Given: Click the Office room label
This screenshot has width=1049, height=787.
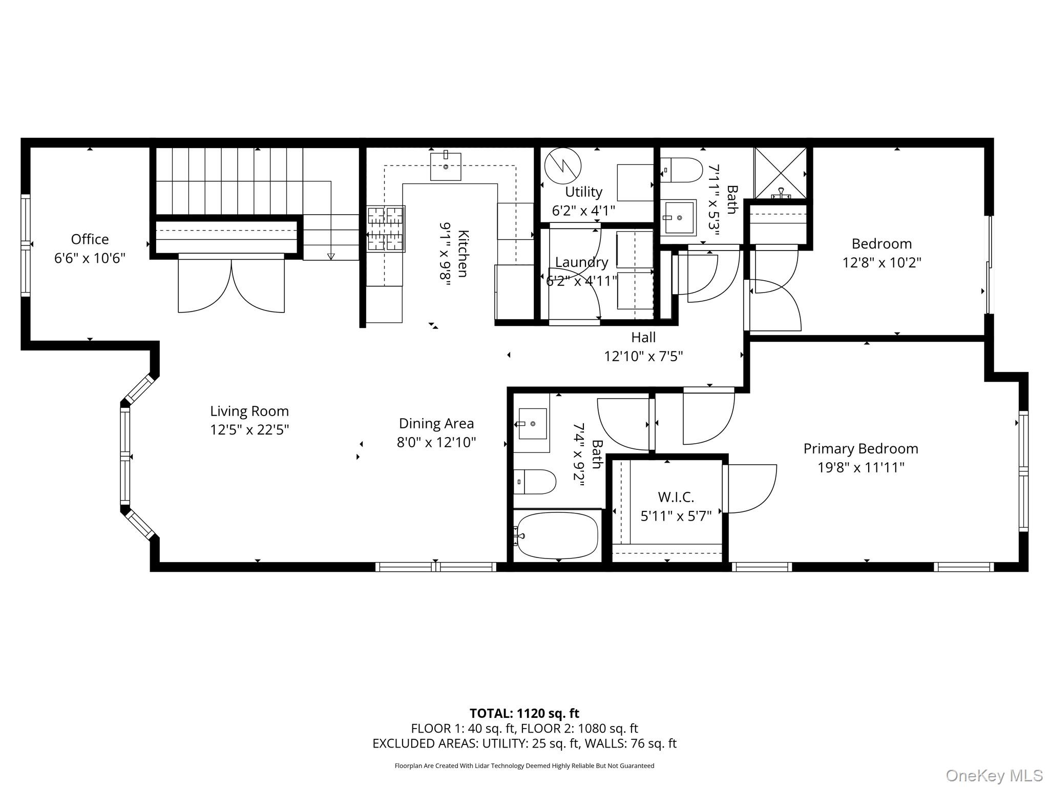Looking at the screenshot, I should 90,239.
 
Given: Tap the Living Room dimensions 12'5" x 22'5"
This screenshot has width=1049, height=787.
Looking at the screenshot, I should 249,429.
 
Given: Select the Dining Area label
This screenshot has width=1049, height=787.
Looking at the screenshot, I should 436,423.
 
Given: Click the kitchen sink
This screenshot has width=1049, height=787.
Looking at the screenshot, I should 445,166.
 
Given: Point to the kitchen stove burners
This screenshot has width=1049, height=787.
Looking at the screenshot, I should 386,229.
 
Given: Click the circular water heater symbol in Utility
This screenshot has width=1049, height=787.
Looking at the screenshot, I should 563,165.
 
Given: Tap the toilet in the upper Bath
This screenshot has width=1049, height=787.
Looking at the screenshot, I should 682,170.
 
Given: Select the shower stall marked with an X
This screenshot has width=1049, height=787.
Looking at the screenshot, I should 780,173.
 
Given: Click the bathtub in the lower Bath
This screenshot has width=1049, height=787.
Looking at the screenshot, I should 557,536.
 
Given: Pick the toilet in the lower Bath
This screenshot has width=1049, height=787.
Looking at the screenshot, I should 535,482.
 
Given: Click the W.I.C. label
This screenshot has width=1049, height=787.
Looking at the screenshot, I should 676,496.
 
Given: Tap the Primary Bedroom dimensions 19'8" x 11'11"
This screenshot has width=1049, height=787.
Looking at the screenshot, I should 861,467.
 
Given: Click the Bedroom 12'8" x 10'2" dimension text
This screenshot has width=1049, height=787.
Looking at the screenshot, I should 882,262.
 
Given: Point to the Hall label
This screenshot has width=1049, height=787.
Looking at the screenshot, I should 643,337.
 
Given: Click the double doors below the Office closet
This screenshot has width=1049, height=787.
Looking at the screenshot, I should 231,284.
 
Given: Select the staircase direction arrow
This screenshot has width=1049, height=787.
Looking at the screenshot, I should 331,256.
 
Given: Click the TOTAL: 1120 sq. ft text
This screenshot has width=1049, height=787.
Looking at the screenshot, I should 524,713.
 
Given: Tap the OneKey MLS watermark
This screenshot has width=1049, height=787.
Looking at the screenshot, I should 994,776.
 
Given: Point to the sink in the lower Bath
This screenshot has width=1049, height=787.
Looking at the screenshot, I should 533,424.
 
